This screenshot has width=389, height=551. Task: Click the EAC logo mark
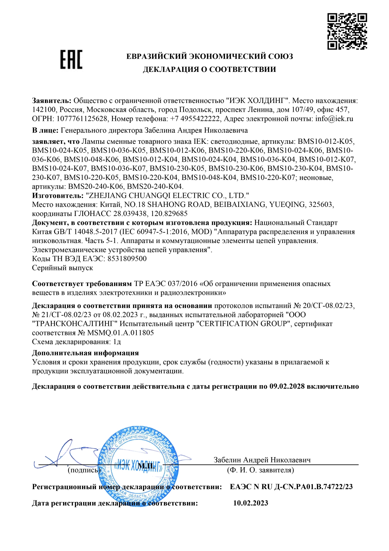coord(71,59)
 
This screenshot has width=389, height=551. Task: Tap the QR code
coord(347,31)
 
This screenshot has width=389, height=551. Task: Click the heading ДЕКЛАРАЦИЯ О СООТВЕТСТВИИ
coord(209,69)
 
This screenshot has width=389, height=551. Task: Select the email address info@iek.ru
coord(334,119)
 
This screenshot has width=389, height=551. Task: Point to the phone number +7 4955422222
coord(195,119)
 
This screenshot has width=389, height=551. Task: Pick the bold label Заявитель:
coord(52,101)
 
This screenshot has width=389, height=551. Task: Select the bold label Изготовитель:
coord(58,196)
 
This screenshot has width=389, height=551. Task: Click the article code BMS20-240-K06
coord(96,186)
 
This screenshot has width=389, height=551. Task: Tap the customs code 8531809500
coord(127,259)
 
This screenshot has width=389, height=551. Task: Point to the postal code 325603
coord(320,205)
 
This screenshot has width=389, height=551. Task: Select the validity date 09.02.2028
coord(287,386)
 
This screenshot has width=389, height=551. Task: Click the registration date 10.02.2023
coord(251,503)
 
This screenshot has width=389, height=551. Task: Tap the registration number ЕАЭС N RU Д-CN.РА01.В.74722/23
coord(291,487)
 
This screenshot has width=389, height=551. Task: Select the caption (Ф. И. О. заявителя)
coord(260,470)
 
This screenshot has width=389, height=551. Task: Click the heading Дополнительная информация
coord(85,353)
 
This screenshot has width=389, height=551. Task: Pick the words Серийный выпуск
coord(62,268)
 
